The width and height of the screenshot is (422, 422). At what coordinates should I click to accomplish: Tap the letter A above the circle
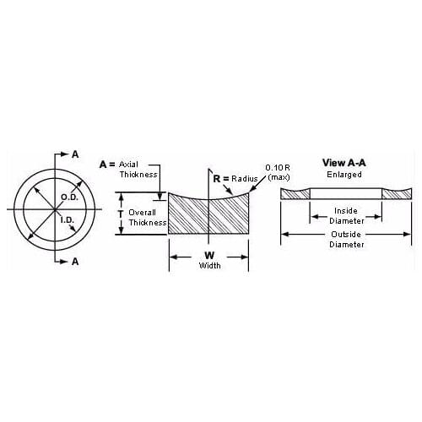coord(75,154)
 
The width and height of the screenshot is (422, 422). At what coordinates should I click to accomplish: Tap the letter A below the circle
coord(75,262)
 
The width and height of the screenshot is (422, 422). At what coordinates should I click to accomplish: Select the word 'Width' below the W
coord(209,265)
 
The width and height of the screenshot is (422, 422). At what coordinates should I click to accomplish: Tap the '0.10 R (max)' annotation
coord(279,173)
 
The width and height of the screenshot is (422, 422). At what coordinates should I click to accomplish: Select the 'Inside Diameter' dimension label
coord(346,215)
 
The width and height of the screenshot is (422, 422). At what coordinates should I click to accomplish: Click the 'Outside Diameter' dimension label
coord(346,239)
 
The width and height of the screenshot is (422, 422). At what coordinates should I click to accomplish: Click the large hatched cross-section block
coord(208,215)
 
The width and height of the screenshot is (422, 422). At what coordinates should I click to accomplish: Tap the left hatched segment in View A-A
coord(295,194)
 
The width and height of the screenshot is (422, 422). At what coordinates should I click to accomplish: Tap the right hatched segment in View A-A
coord(397,194)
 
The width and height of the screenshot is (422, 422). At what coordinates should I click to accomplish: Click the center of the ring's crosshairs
coord(57,208)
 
